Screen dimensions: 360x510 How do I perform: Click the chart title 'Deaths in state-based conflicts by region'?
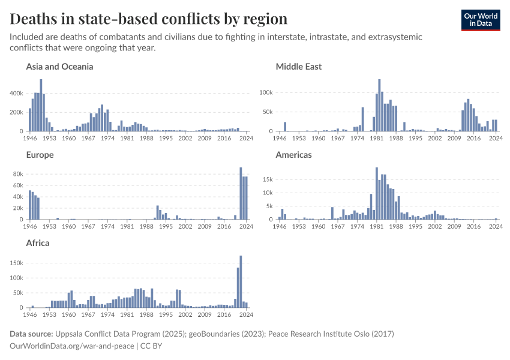point(148,19)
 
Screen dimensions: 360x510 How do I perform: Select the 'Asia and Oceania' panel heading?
point(59,67)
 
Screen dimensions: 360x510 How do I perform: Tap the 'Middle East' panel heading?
point(298,67)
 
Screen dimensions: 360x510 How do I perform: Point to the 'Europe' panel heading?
point(40,155)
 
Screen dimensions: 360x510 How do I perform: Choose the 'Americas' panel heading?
point(293,155)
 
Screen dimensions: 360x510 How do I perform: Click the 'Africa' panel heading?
point(38,243)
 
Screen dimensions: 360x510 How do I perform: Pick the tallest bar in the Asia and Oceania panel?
point(41,105)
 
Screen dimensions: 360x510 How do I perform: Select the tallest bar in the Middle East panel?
point(379,105)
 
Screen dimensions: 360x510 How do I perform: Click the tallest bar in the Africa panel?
point(241,281)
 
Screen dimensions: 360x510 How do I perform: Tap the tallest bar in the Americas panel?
point(376,193)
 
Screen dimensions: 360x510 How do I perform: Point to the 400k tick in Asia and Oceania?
point(16,94)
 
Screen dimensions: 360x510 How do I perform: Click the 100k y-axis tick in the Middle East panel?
point(265,94)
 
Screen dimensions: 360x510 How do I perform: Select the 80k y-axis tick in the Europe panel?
point(18,174)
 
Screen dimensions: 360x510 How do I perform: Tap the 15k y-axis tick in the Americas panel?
point(267,179)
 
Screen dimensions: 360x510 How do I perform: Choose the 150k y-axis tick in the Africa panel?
point(16,263)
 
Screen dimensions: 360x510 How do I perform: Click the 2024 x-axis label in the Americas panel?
point(496,227)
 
